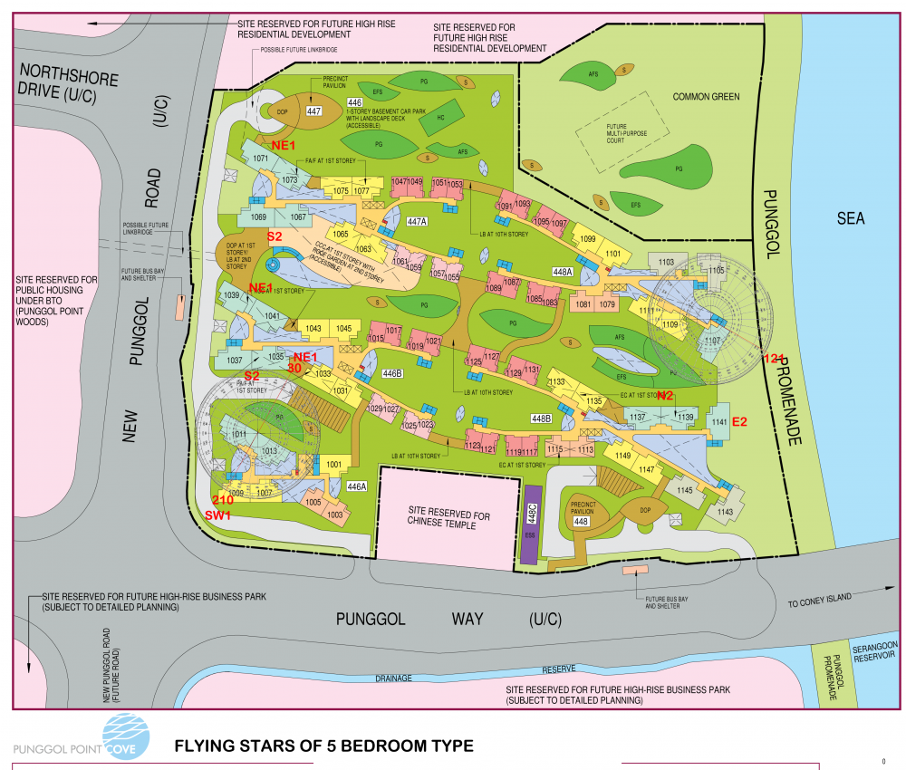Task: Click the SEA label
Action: pyautogui.click(x=851, y=218)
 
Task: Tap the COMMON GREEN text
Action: pyautogui.click(x=706, y=96)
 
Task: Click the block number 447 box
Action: pyautogui.click(x=314, y=111)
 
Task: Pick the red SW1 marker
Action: pyautogui.click(x=218, y=515)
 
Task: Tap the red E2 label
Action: pyautogui.click(x=739, y=421)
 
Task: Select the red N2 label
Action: pyautogui.click(x=665, y=395)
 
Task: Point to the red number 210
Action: pyautogui.click(x=222, y=500)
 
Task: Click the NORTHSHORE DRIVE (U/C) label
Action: pyautogui.click(x=68, y=81)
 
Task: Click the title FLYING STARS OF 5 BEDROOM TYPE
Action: pyautogui.click(x=323, y=746)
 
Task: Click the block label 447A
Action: pyautogui.click(x=418, y=222)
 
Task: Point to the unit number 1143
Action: pyautogui.click(x=725, y=512)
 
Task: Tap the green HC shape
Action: pyautogui.click(x=439, y=118)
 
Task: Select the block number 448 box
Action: pyautogui.click(x=582, y=521)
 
